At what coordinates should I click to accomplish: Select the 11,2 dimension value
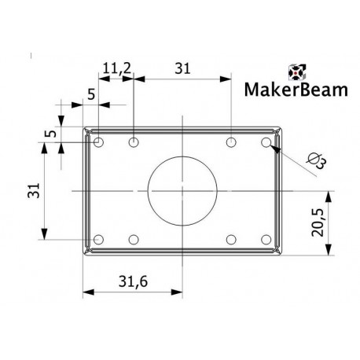click(x=116, y=69)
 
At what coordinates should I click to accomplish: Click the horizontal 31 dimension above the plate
click(x=182, y=69)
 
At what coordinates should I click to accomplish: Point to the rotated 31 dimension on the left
click(x=32, y=190)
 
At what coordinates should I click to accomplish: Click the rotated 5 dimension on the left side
click(x=50, y=134)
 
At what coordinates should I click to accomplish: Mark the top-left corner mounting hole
click(x=98, y=142)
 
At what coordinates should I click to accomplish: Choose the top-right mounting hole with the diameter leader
click(x=266, y=142)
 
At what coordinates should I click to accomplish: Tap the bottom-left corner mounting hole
click(x=98, y=239)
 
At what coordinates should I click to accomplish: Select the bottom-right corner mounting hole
click(x=266, y=239)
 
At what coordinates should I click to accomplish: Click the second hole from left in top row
click(x=134, y=142)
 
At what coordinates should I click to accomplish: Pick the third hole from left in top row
click(x=231, y=142)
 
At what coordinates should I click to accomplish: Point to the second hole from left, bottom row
click(x=134, y=239)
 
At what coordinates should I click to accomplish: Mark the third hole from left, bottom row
click(x=231, y=239)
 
